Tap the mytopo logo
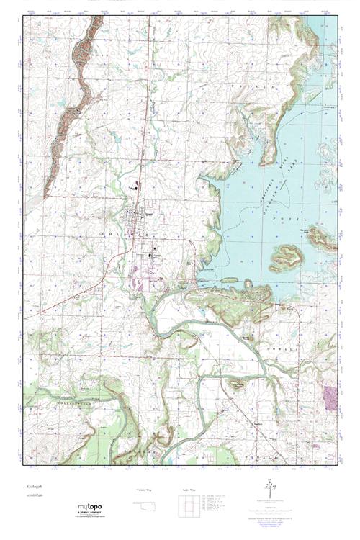click(90, 507)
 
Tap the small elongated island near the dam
click(229, 279)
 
